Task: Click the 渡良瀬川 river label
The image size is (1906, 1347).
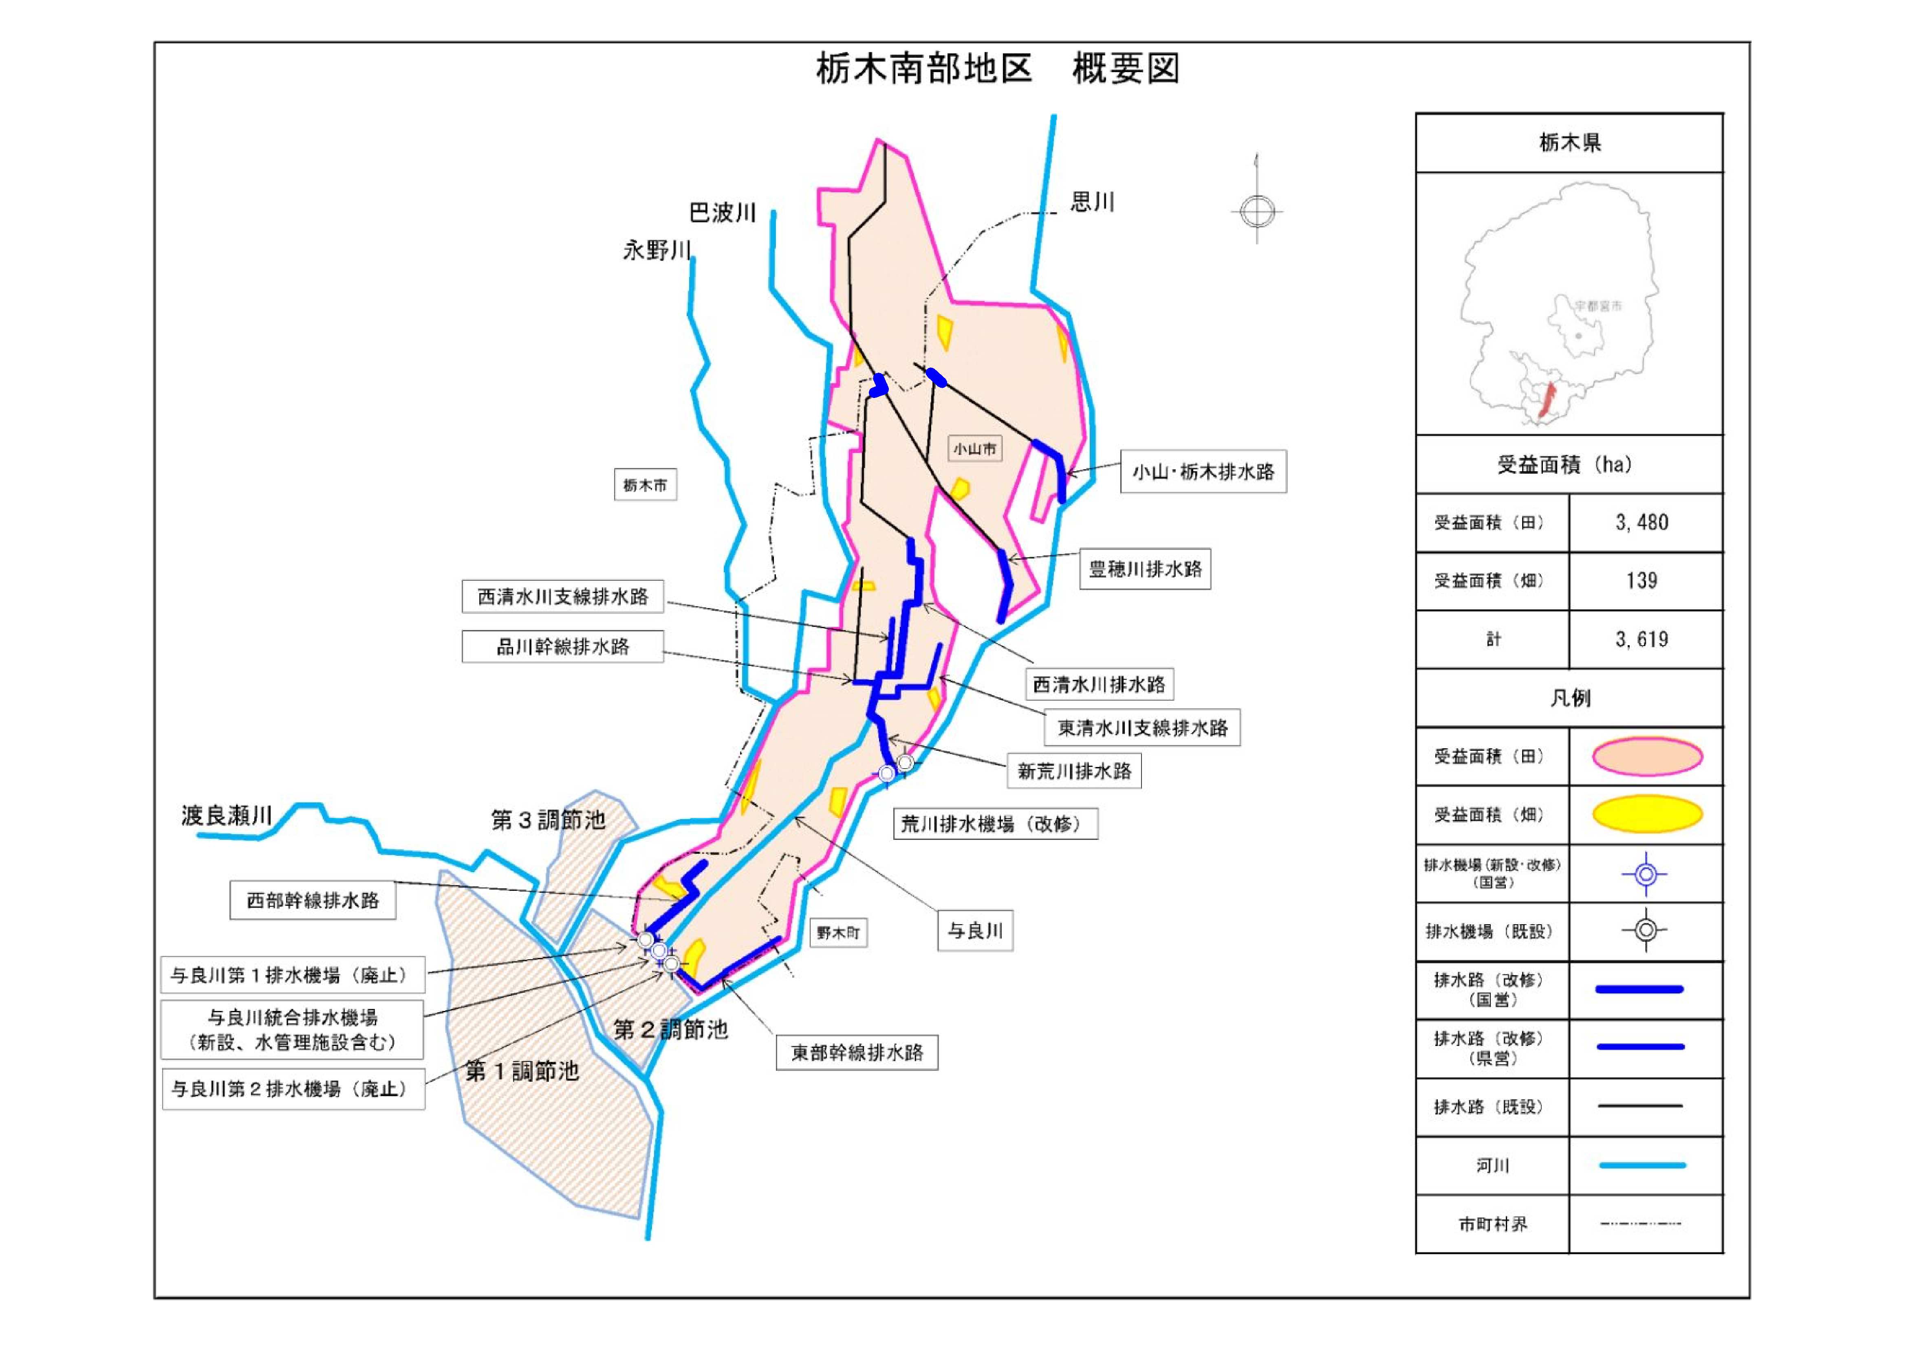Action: [227, 816]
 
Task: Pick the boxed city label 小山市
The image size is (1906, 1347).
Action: [974, 449]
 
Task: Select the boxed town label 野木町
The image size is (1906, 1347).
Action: [837, 933]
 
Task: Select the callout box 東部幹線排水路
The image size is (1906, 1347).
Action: [857, 1053]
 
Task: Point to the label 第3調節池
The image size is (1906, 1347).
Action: [548, 820]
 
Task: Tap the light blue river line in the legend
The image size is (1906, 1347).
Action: [1642, 1165]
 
